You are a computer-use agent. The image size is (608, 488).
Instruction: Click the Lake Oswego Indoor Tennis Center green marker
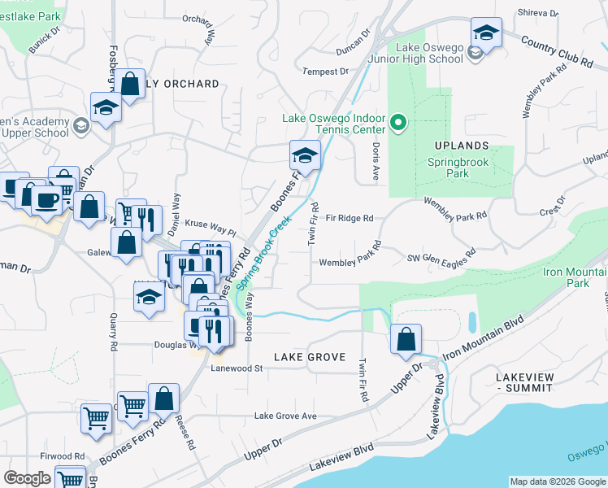click(398, 124)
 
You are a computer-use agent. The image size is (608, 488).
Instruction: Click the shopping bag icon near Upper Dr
click(406, 339)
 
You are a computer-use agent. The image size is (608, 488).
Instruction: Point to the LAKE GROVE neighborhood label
click(310, 357)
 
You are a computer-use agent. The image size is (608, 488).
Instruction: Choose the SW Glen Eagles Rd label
click(441, 258)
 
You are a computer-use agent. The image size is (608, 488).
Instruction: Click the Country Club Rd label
click(557, 50)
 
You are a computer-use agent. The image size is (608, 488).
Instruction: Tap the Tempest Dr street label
click(325, 72)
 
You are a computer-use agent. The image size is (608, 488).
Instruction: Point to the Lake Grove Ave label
click(285, 416)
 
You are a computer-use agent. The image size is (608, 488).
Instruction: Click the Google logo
click(27, 478)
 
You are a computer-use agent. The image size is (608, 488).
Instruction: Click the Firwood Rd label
click(63, 456)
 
